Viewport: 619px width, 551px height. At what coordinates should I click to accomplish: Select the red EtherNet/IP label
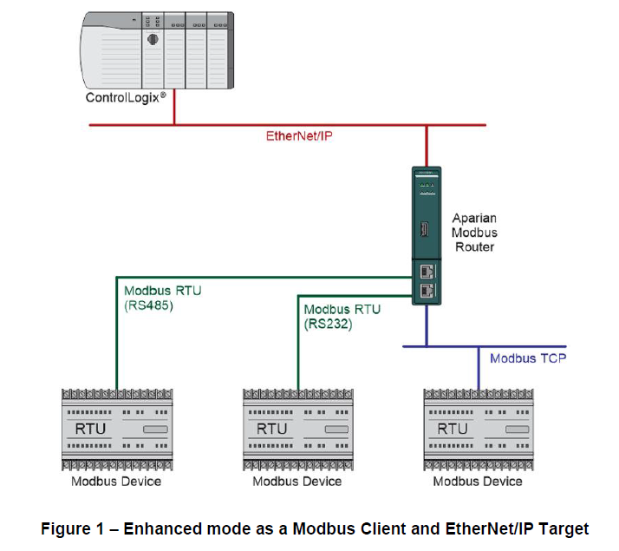pos(299,136)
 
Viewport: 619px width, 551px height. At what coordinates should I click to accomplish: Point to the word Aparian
pos(474,217)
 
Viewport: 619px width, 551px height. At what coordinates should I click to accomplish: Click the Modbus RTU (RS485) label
pos(162,298)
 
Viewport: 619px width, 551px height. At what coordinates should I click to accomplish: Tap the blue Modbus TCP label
pos(527,357)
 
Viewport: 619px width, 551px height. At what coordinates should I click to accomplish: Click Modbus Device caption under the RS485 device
pos(115,481)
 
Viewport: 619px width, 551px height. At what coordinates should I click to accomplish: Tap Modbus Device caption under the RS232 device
pos(296,481)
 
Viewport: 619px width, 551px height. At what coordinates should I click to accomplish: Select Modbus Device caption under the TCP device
pos(478,481)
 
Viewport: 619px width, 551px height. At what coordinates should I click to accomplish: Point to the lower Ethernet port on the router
pos(427,291)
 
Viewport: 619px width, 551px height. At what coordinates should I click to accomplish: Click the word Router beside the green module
pos(474,246)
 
